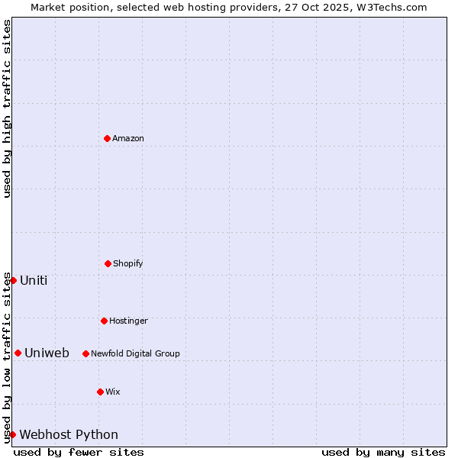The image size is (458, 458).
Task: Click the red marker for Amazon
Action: coord(107,138)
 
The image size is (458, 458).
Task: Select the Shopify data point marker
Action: coord(108,263)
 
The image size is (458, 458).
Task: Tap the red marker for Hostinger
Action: coord(104,321)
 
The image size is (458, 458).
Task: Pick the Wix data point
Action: coord(100,392)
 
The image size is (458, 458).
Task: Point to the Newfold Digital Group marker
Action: coord(85,353)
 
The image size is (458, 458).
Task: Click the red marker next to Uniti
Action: coord(13,280)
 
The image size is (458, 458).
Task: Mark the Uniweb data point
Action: coord(18,353)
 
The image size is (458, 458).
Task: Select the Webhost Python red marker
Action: coord(12,434)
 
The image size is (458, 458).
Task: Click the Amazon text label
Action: coord(128,138)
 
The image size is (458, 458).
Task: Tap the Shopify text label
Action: coord(127,263)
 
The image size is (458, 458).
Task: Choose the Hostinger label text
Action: coord(128,321)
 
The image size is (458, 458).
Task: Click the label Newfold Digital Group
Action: coord(135,353)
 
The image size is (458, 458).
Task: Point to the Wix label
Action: coord(112,392)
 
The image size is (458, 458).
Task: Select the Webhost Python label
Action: coord(69,434)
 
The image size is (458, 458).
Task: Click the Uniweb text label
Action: coord(47,353)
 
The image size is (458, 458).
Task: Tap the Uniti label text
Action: coord(34,280)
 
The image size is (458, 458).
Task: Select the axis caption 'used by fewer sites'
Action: coord(79,452)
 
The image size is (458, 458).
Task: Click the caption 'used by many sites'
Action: coord(383,452)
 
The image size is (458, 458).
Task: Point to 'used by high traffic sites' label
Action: coord(7,108)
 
